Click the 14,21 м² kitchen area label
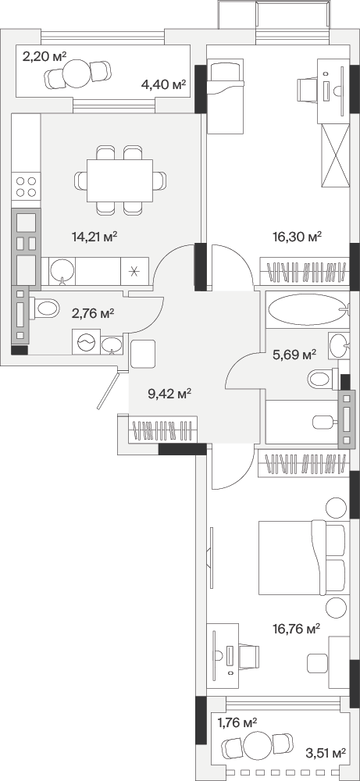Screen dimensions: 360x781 (x=94, y=237)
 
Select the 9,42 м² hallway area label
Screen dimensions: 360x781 (x=169, y=394)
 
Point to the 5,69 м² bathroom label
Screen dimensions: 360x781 (x=294, y=355)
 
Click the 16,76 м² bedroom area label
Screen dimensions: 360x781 (x=297, y=629)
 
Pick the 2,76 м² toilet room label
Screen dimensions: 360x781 (x=94, y=313)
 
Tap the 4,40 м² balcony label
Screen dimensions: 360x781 (x=163, y=84)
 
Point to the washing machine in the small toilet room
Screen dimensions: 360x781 (x=86, y=342)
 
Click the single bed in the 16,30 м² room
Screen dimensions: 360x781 (x=225, y=96)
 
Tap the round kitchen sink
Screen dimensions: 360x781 (x=62, y=270)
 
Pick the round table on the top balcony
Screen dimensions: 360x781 (x=77, y=73)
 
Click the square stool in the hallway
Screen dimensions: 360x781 (x=143, y=354)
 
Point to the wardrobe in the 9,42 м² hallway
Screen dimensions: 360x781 (x=163, y=430)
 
